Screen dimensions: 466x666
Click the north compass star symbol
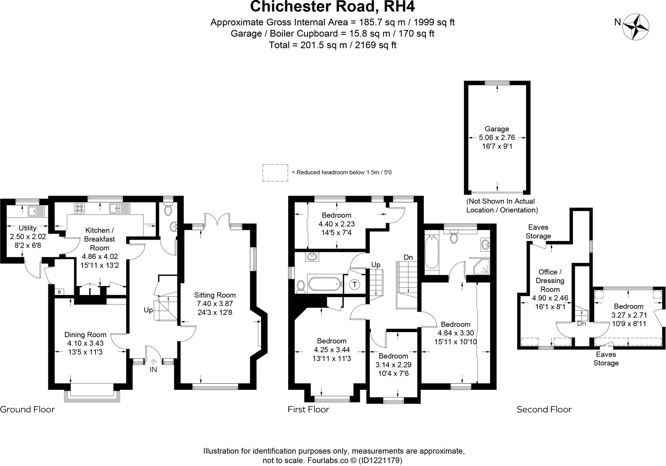(x=635, y=27)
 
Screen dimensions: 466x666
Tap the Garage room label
(x=497, y=129)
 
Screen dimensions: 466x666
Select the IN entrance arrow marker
(x=153, y=362)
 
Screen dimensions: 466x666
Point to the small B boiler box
(x=59, y=292)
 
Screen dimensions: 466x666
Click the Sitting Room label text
(x=215, y=295)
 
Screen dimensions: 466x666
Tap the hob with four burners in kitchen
(x=79, y=208)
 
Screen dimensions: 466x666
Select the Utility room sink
(x=36, y=211)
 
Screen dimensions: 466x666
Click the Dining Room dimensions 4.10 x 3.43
(x=85, y=343)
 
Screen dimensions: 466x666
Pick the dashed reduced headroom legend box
(x=275, y=173)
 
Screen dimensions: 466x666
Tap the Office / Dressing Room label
(x=550, y=280)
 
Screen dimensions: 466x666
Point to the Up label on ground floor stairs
(x=148, y=310)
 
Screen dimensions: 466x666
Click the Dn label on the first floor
(x=408, y=257)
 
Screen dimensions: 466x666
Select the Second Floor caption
(x=544, y=409)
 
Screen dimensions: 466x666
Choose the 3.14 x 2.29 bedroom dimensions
(x=393, y=365)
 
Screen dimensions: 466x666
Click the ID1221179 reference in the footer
(x=381, y=460)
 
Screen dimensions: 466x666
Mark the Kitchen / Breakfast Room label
(x=100, y=239)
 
